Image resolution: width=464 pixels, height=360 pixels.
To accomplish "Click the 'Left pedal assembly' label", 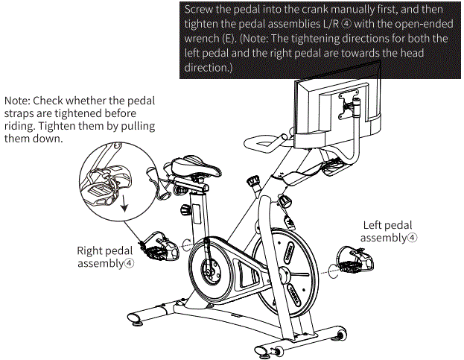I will (x=387, y=231).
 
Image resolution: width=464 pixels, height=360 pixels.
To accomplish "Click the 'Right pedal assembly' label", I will (x=107, y=256).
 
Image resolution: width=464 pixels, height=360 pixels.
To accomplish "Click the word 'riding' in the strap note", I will (x=22, y=126).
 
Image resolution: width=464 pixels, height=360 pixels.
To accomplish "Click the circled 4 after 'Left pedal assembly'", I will (x=412, y=238).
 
